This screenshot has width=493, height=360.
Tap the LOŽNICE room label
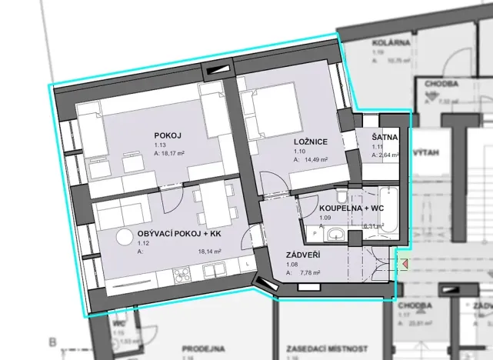point(311,142)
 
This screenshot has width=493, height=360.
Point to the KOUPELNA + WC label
point(351,208)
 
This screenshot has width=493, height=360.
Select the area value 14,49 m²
point(315,160)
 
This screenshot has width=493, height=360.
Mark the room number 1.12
point(142,242)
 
